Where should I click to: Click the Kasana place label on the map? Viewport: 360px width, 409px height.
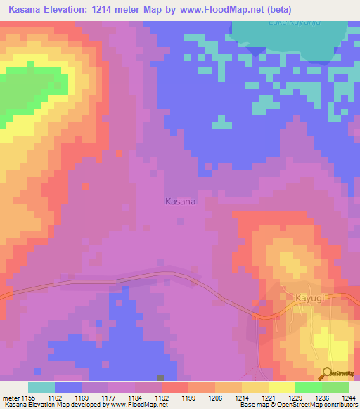180,202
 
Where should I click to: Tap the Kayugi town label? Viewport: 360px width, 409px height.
312,298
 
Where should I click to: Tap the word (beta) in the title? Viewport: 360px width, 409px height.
277,10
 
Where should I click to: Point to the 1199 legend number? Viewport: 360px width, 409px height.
189,398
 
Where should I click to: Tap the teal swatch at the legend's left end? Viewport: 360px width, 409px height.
41,387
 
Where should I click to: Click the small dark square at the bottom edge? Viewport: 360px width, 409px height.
161,378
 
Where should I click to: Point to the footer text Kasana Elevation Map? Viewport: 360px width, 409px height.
32,405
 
